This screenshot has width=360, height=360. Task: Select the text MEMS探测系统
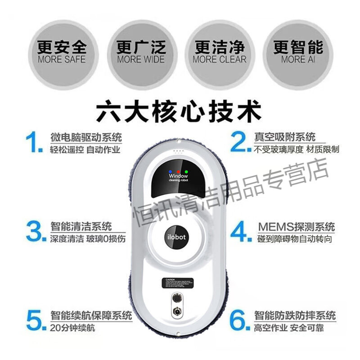(296, 226)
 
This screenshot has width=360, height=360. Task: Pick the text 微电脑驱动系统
(85, 137)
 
